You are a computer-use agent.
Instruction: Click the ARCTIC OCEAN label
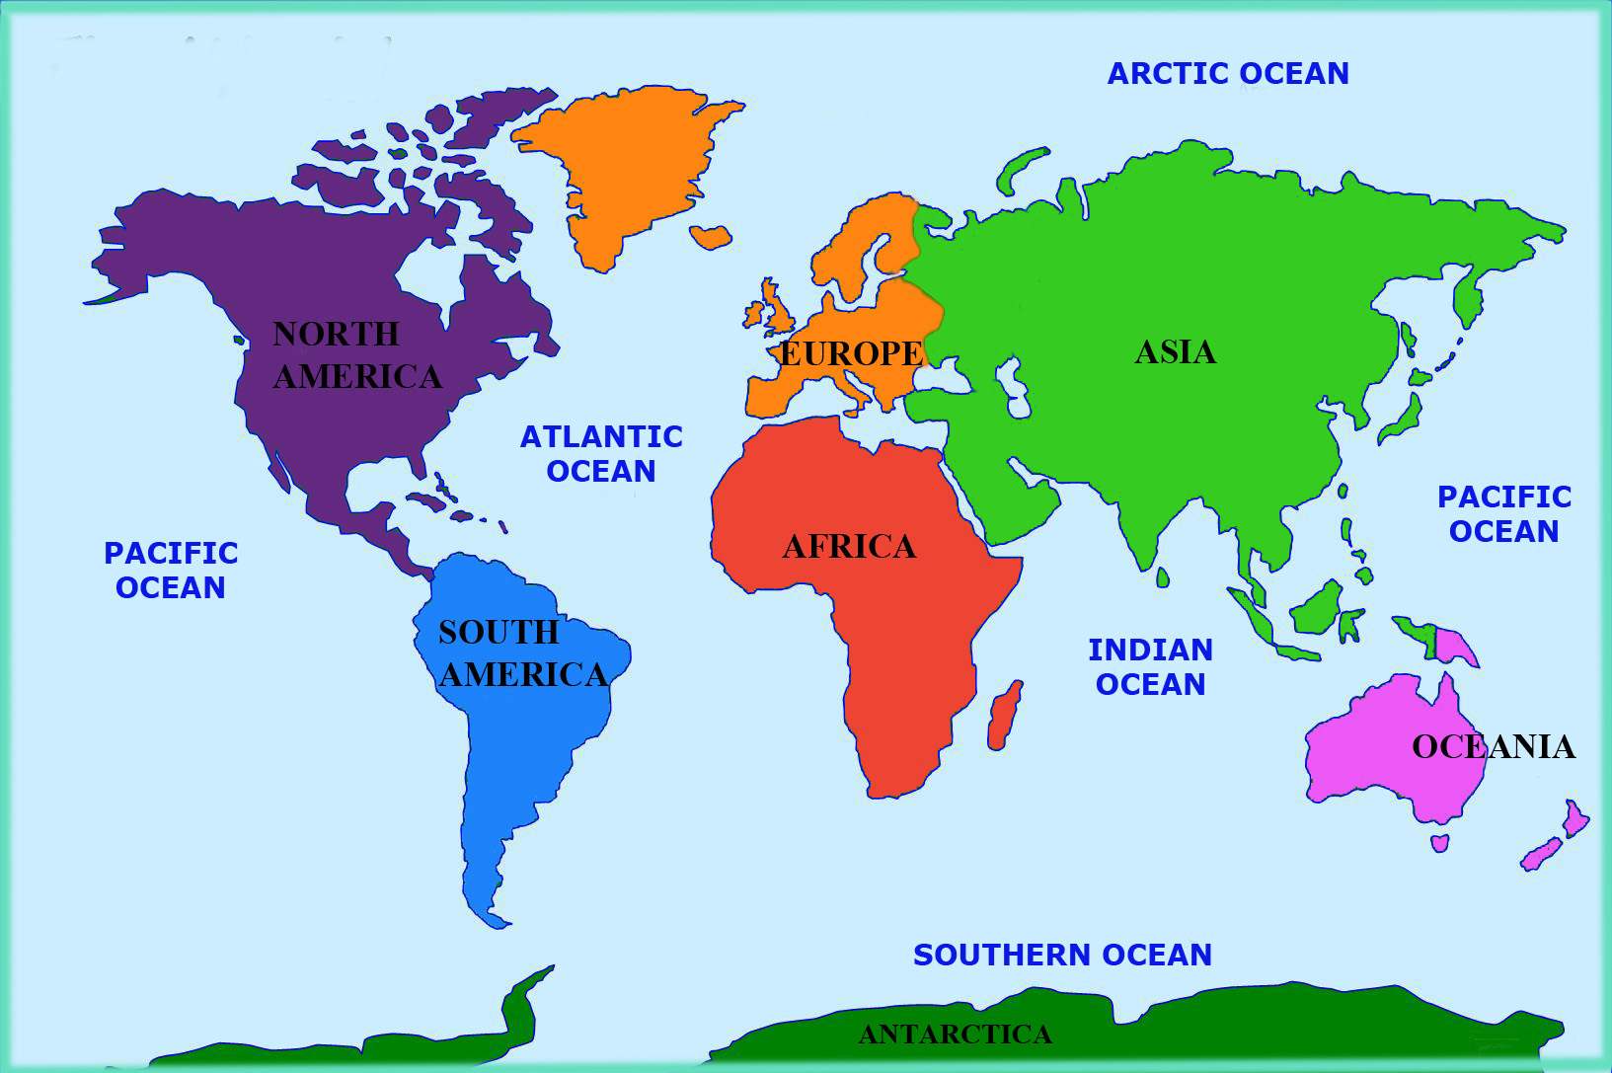tap(1228, 74)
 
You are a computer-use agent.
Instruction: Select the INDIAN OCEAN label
tap(1150, 666)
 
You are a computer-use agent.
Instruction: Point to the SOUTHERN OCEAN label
tap(1062, 955)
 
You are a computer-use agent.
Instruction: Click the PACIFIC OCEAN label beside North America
tap(171, 571)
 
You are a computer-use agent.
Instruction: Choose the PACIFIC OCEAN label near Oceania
tap(1503, 514)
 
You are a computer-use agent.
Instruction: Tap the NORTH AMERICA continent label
tap(355, 355)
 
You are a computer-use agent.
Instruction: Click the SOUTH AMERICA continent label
tap(521, 653)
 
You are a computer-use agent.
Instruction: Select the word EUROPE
tap(851, 353)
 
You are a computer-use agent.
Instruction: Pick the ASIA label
tap(1175, 352)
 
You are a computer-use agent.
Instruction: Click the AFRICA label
tap(849, 547)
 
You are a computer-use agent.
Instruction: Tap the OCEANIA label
tap(1493, 747)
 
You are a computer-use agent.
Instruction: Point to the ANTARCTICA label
tap(955, 1035)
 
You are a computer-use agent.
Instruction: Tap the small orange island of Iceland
tap(711, 237)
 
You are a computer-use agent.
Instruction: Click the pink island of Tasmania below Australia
tap(1440, 843)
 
